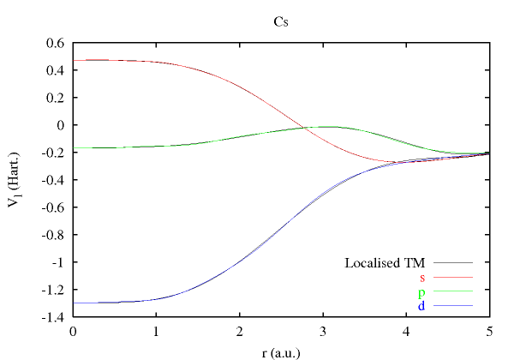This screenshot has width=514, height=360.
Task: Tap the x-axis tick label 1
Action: click(x=156, y=331)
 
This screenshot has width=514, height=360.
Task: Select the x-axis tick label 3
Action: click(x=322, y=331)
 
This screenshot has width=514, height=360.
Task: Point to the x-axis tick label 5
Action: click(x=488, y=331)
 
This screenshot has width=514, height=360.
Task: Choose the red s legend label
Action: click(x=422, y=278)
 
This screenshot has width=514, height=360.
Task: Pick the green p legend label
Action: click(x=421, y=292)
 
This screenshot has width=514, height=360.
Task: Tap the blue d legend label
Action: click(x=421, y=306)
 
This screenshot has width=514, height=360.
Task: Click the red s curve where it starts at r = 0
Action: click(x=75, y=60)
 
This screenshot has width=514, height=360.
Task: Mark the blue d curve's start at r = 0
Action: click(x=75, y=303)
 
